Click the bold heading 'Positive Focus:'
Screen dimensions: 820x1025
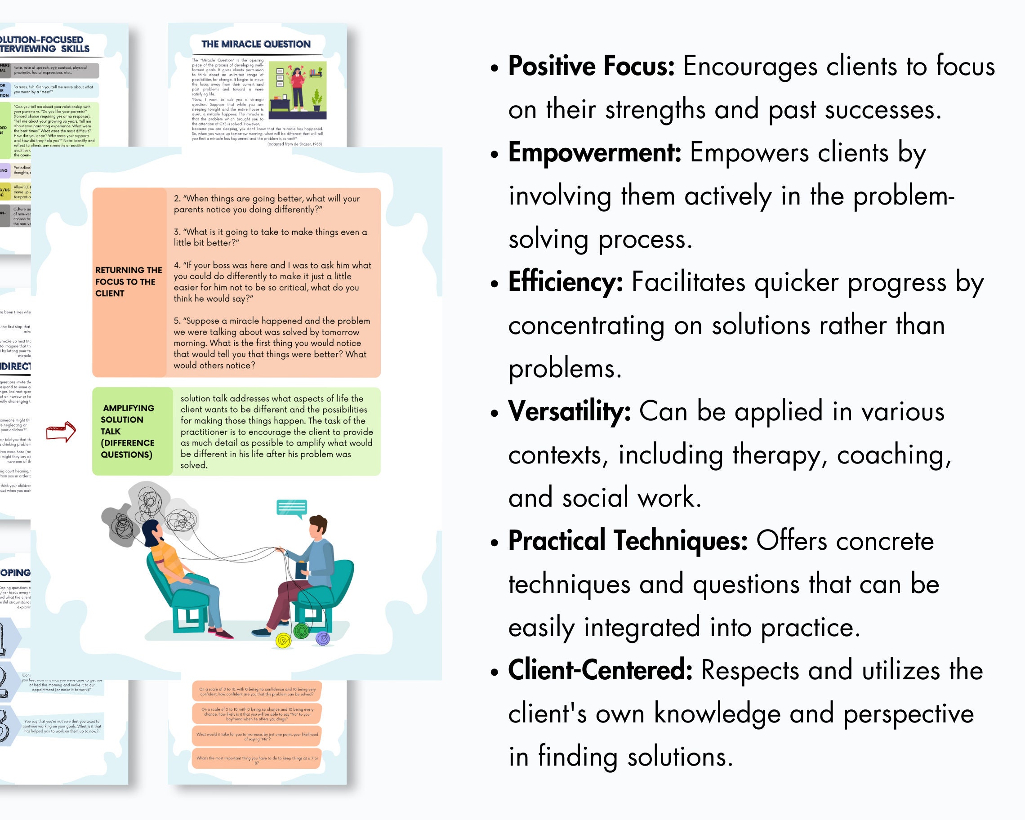[x=591, y=66]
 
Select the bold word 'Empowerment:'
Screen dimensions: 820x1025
[x=594, y=152]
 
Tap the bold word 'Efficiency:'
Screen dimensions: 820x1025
[x=565, y=282]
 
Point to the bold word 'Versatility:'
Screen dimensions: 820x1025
[x=569, y=411]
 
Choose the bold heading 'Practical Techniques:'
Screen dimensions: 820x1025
[x=628, y=540]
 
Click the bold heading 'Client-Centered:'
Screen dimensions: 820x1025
[x=600, y=670]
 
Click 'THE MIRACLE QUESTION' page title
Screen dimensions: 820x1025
[x=256, y=44]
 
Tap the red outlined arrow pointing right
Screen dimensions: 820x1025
[x=61, y=432]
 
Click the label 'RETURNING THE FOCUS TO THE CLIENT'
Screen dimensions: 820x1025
[x=129, y=282]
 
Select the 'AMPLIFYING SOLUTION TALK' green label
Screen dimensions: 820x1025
[x=129, y=431]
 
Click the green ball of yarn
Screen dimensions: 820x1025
[x=301, y=631]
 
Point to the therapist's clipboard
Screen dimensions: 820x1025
[x=301, y=569]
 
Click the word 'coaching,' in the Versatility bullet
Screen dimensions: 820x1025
[x=894, y=455]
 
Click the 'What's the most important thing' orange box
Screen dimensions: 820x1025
[x=257, y=759]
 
